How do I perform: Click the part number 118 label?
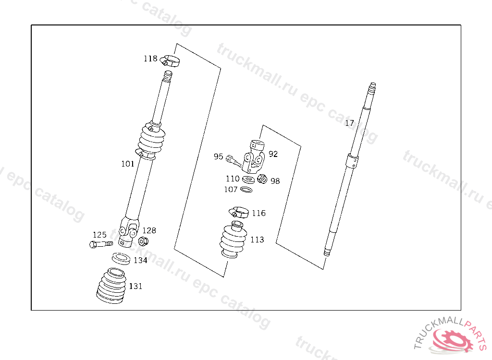coord(150,59)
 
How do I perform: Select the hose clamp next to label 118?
coord(170,60)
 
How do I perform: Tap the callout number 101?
coord(128,164)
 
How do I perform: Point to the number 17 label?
coord(349,123)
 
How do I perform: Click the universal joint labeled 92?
coord(254,156)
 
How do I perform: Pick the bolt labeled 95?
coord(234,161)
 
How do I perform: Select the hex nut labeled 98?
coord(262,179)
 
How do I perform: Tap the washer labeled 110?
coord(248,180)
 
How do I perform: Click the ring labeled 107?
coord(246,190)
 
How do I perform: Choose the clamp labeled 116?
coord(239,212)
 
